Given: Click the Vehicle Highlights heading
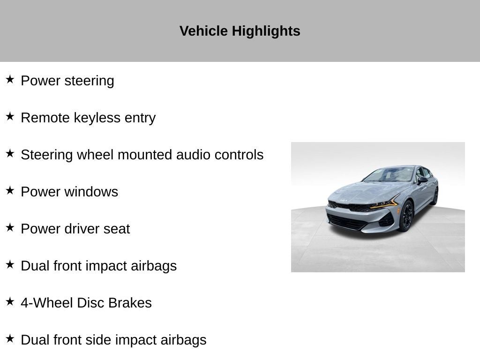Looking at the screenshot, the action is [240, 31].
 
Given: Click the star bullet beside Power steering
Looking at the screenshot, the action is [10, 79].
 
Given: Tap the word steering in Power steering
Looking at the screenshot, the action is [89, 81].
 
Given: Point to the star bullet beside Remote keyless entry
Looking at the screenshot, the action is [10, 116].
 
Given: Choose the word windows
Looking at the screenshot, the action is [91, 192].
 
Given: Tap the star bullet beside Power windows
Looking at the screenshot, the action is [10, 190].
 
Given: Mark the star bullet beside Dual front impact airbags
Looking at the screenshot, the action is [10, 264].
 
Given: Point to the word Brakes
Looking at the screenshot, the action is [130, 303].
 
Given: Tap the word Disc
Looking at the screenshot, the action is [90, 303].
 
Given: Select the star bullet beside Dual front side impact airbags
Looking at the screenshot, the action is [10, 338].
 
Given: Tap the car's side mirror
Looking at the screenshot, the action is [423, 180].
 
